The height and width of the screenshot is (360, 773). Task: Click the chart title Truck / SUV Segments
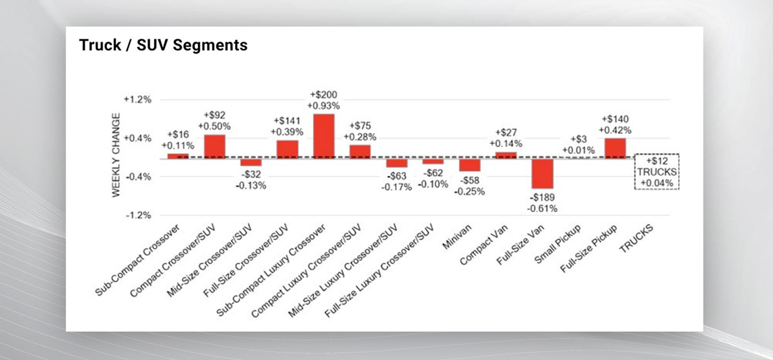163,45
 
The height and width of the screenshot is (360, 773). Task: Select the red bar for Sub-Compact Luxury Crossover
323,135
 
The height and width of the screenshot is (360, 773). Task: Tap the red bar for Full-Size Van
542,173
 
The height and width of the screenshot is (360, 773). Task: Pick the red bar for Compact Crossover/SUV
215,146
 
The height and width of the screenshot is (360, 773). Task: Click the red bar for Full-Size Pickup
615,147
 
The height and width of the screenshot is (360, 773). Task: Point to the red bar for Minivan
470,164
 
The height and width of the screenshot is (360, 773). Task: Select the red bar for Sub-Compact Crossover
178,155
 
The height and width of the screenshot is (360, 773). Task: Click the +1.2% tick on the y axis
137,100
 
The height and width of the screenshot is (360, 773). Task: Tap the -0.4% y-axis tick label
137,176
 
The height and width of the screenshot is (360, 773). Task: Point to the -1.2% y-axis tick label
137,214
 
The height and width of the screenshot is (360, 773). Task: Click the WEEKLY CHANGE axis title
116,156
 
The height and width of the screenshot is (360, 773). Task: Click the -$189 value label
542,198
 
